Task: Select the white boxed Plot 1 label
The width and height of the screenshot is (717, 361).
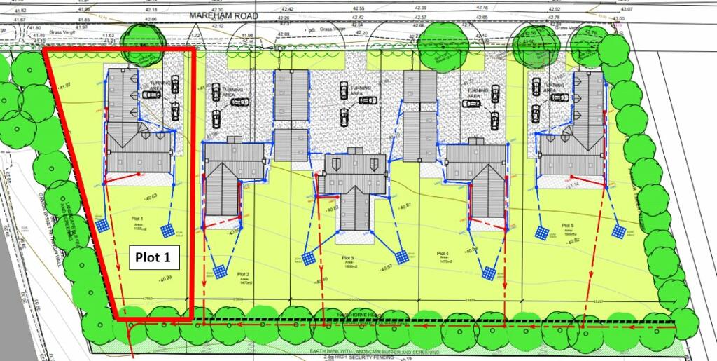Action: [153, 257]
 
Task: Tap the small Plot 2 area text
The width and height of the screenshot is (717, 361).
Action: [243, 278]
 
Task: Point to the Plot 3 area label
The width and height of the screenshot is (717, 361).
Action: [349, 261]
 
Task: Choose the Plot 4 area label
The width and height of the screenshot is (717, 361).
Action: [442, 257]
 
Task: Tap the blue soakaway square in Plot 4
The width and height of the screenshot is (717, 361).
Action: [488, 271]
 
